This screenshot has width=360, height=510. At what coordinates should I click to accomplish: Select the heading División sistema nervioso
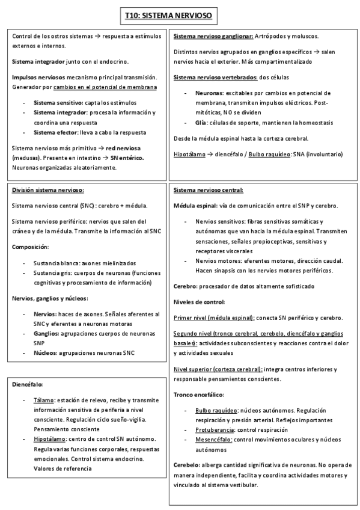[x=48, y=190]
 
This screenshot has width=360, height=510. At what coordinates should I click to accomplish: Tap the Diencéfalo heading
[x=28, y=383]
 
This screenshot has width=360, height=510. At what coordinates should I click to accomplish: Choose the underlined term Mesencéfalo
[x=213, y=440]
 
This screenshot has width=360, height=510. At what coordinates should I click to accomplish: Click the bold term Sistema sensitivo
[x=58, y=102]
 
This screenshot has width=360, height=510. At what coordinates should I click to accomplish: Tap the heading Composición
[x=31, y=247]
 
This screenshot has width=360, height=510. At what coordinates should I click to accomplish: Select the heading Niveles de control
[x=200, y=301]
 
